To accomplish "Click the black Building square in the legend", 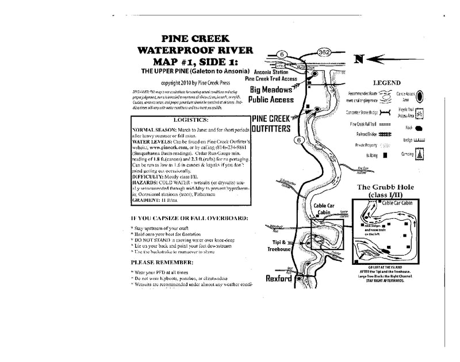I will [x=384, y=155].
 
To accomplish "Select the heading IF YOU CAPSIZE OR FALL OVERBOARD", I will [x=189, y=219].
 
